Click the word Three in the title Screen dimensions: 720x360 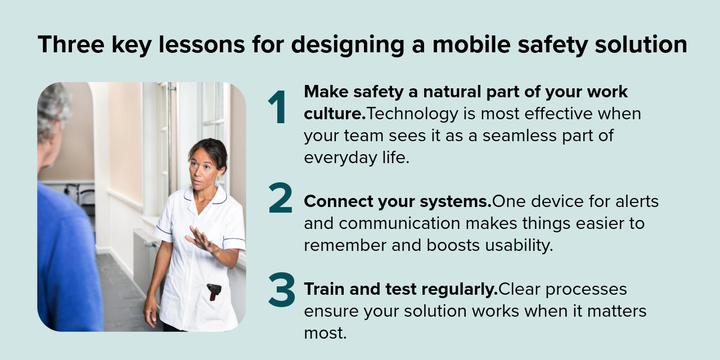[71, 44]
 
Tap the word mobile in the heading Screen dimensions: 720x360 [471, 44]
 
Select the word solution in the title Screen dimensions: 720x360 [641, 44]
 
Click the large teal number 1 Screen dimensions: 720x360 [277, 107]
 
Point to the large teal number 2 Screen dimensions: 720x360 [280, 197]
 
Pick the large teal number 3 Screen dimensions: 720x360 [282, 290]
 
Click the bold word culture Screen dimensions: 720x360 [335, 114]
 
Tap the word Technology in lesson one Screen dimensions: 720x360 [412, 114]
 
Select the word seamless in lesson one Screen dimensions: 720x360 [520, 136]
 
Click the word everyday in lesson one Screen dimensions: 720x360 [340, 158]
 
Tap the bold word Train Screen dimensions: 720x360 [325, 289]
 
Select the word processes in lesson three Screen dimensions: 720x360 [586, 290]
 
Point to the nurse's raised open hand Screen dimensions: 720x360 [200, 239]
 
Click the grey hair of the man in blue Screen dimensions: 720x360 [53, 109]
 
